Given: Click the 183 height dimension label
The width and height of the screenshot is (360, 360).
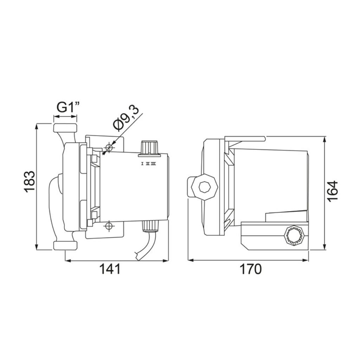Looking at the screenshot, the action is (30, 181).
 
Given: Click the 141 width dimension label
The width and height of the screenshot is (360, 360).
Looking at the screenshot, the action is (110, 269).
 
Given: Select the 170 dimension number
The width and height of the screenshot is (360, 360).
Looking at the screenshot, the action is (250, 269).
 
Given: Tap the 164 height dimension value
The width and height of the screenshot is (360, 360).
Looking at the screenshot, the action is (333, 191).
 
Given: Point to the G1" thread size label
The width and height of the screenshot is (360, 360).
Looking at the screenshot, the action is (68, 107).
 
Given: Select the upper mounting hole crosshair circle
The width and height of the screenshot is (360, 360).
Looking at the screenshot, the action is (109, 147).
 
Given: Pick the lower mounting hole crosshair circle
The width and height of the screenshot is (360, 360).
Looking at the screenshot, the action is (109, 226).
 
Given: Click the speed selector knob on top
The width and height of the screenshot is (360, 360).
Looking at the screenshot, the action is (149, 148).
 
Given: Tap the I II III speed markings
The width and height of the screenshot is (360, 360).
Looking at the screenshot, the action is (149, 164).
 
